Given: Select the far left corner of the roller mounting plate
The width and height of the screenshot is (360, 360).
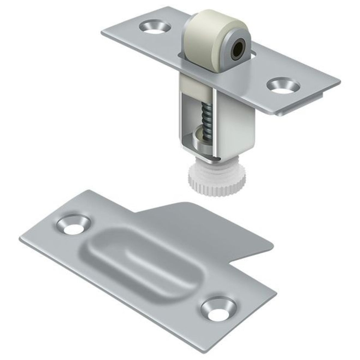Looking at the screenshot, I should click(x=102, y=34).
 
